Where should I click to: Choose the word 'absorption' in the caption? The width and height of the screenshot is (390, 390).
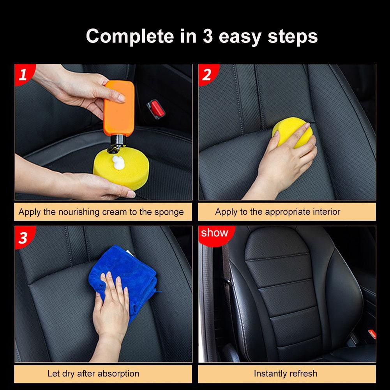click(x=118, y=374)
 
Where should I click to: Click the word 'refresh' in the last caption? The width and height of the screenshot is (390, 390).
click(x=303, y=374)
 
